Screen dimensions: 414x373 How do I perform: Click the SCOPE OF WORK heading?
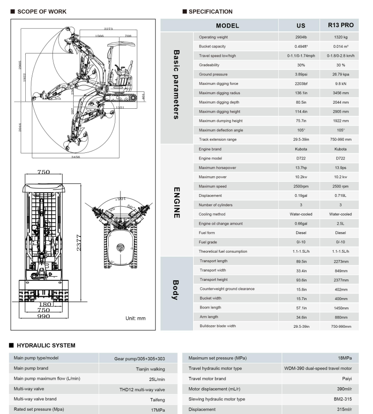[41, 12]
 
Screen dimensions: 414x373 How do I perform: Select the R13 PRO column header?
[341, 25]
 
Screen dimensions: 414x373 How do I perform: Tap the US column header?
[301, 25]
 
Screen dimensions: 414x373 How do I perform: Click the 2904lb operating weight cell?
[301, 37]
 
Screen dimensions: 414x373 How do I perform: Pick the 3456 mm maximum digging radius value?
[341, 93]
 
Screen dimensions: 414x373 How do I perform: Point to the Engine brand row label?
[210, 149]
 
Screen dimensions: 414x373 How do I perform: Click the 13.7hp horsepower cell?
[301, 168]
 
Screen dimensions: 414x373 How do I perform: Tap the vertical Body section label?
[176, 290]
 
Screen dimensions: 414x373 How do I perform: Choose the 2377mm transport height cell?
[341, 279]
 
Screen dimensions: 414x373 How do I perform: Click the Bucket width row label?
[211, 298]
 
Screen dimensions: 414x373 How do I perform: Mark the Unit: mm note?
[135, 318]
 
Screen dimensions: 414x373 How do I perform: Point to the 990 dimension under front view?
[44, 316]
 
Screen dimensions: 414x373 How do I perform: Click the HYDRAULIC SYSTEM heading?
[45, 346]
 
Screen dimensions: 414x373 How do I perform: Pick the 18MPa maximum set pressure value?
[345, 358]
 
